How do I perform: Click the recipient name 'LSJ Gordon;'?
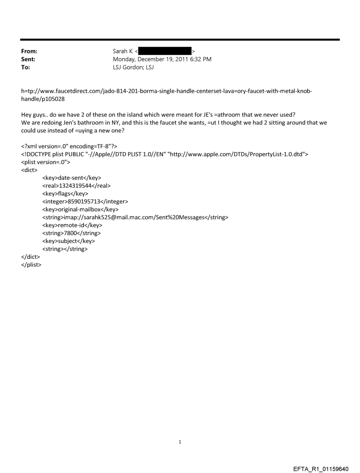pyautogui.click(x=128, y=67)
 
